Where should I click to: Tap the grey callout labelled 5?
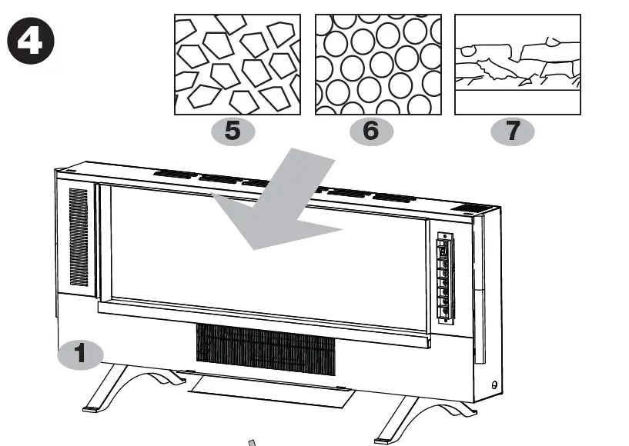pos(233,131)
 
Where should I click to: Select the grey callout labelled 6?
pos(371,131)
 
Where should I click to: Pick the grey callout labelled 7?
pos(513,131)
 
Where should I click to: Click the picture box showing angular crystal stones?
pos(237,64)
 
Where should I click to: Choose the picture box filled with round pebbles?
pos(378,64)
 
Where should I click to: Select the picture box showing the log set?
pos(517,64)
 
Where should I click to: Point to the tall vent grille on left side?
pos(79,238)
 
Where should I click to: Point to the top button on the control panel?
pos(444,248)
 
